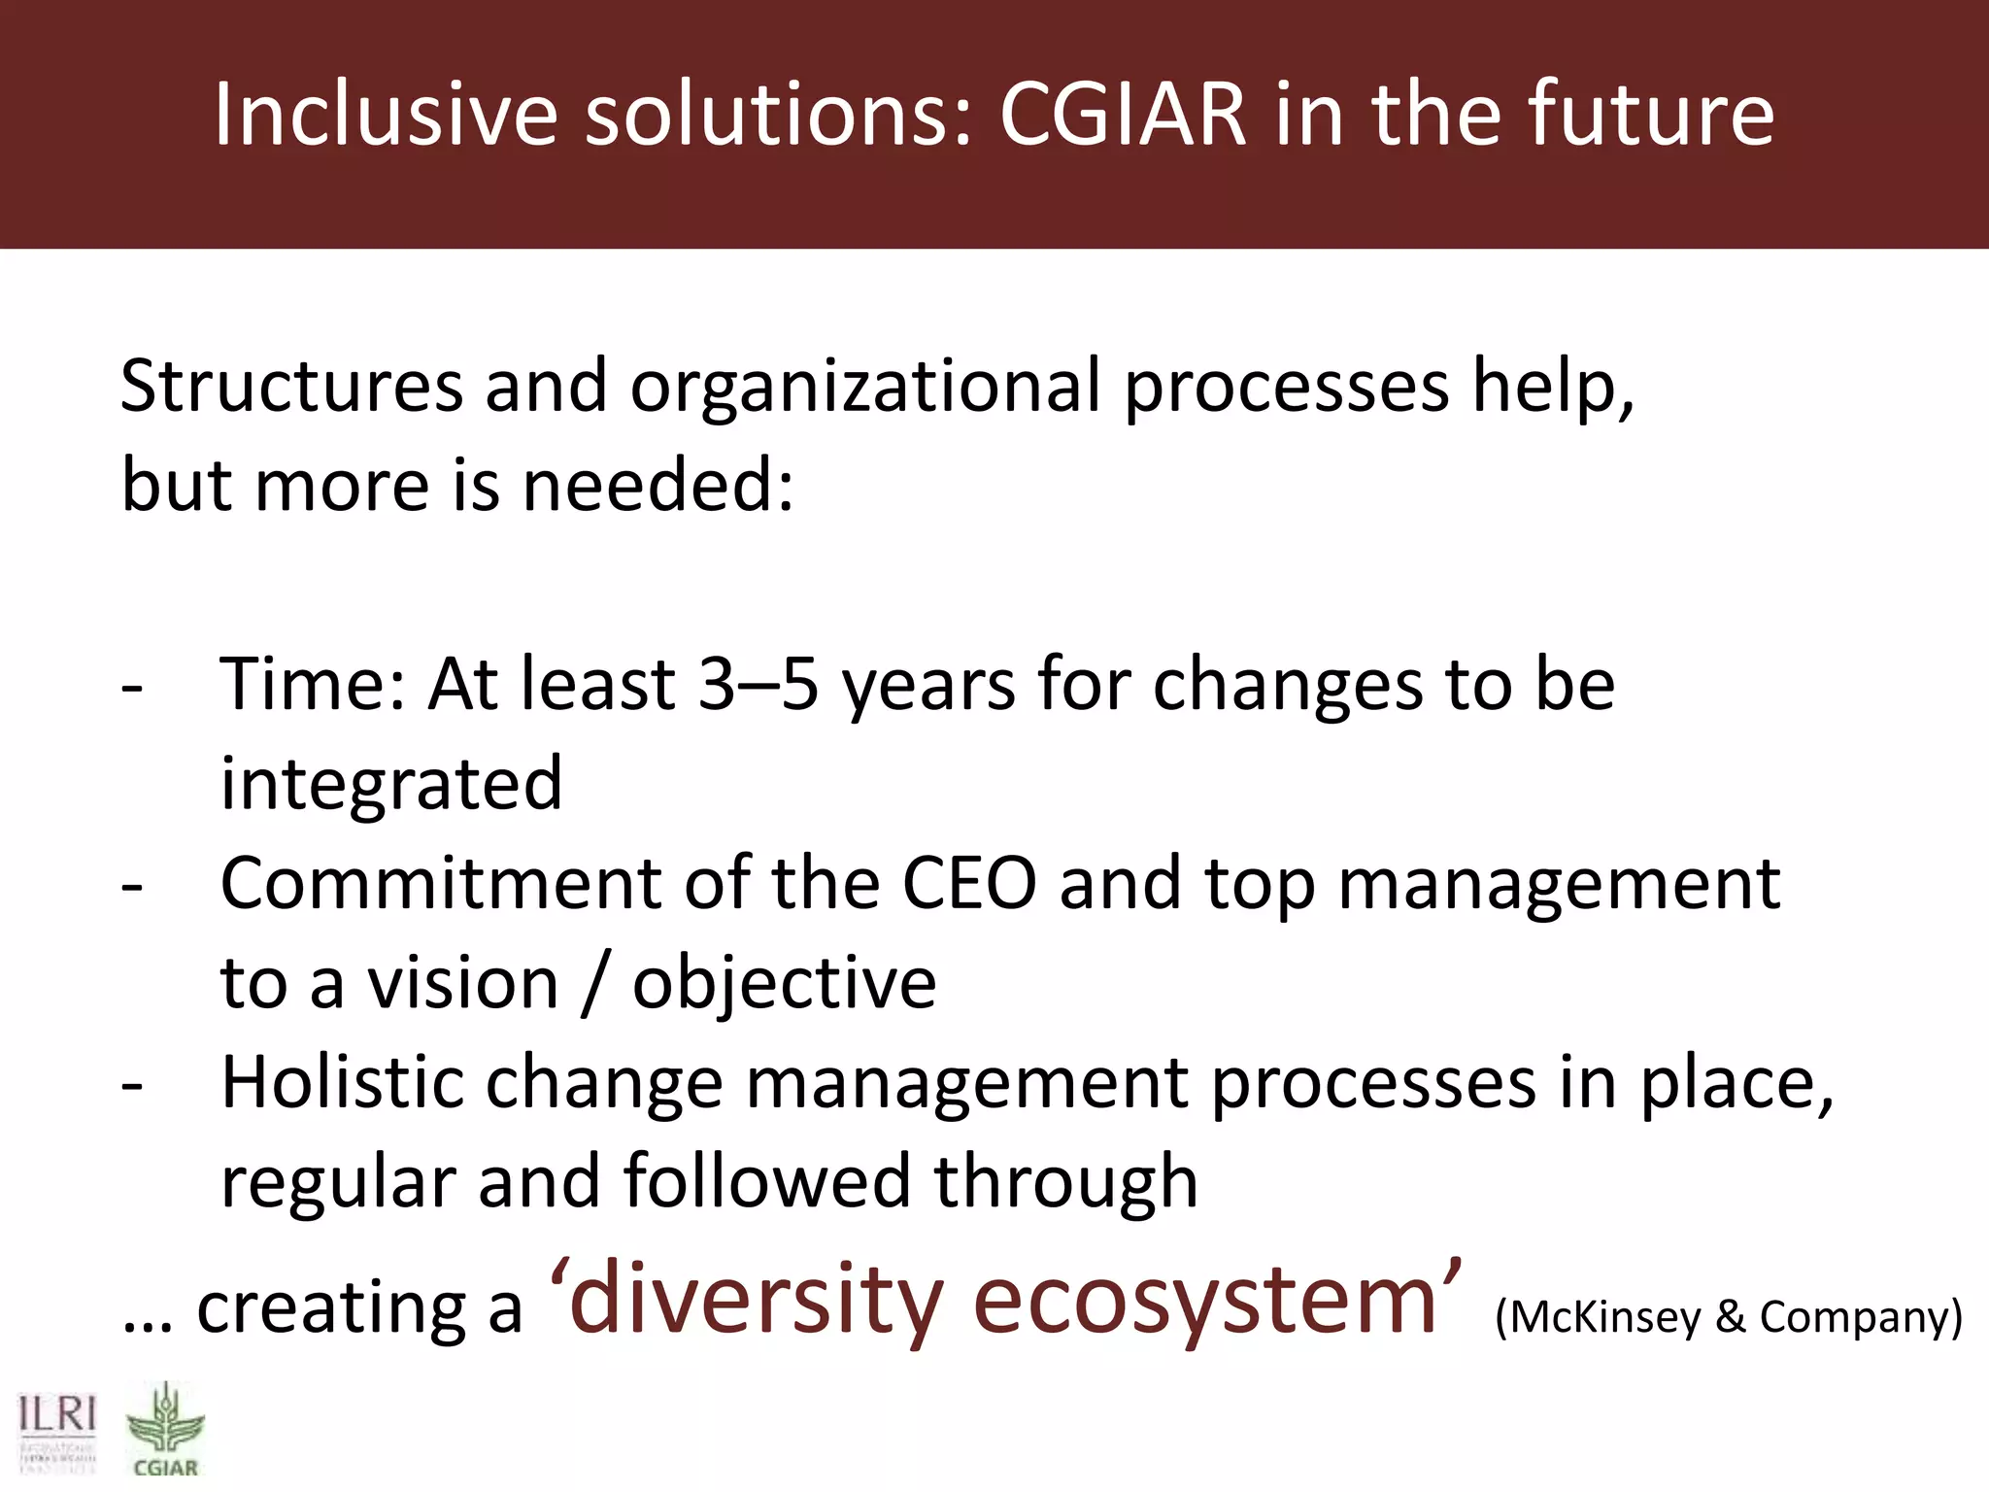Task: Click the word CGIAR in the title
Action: [1122, 115]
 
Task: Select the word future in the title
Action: [1650, 115]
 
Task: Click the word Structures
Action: [291, 387]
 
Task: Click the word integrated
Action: [391, 785]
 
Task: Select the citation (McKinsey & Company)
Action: [1729, 1318]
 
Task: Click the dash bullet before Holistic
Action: [133, 1085]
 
